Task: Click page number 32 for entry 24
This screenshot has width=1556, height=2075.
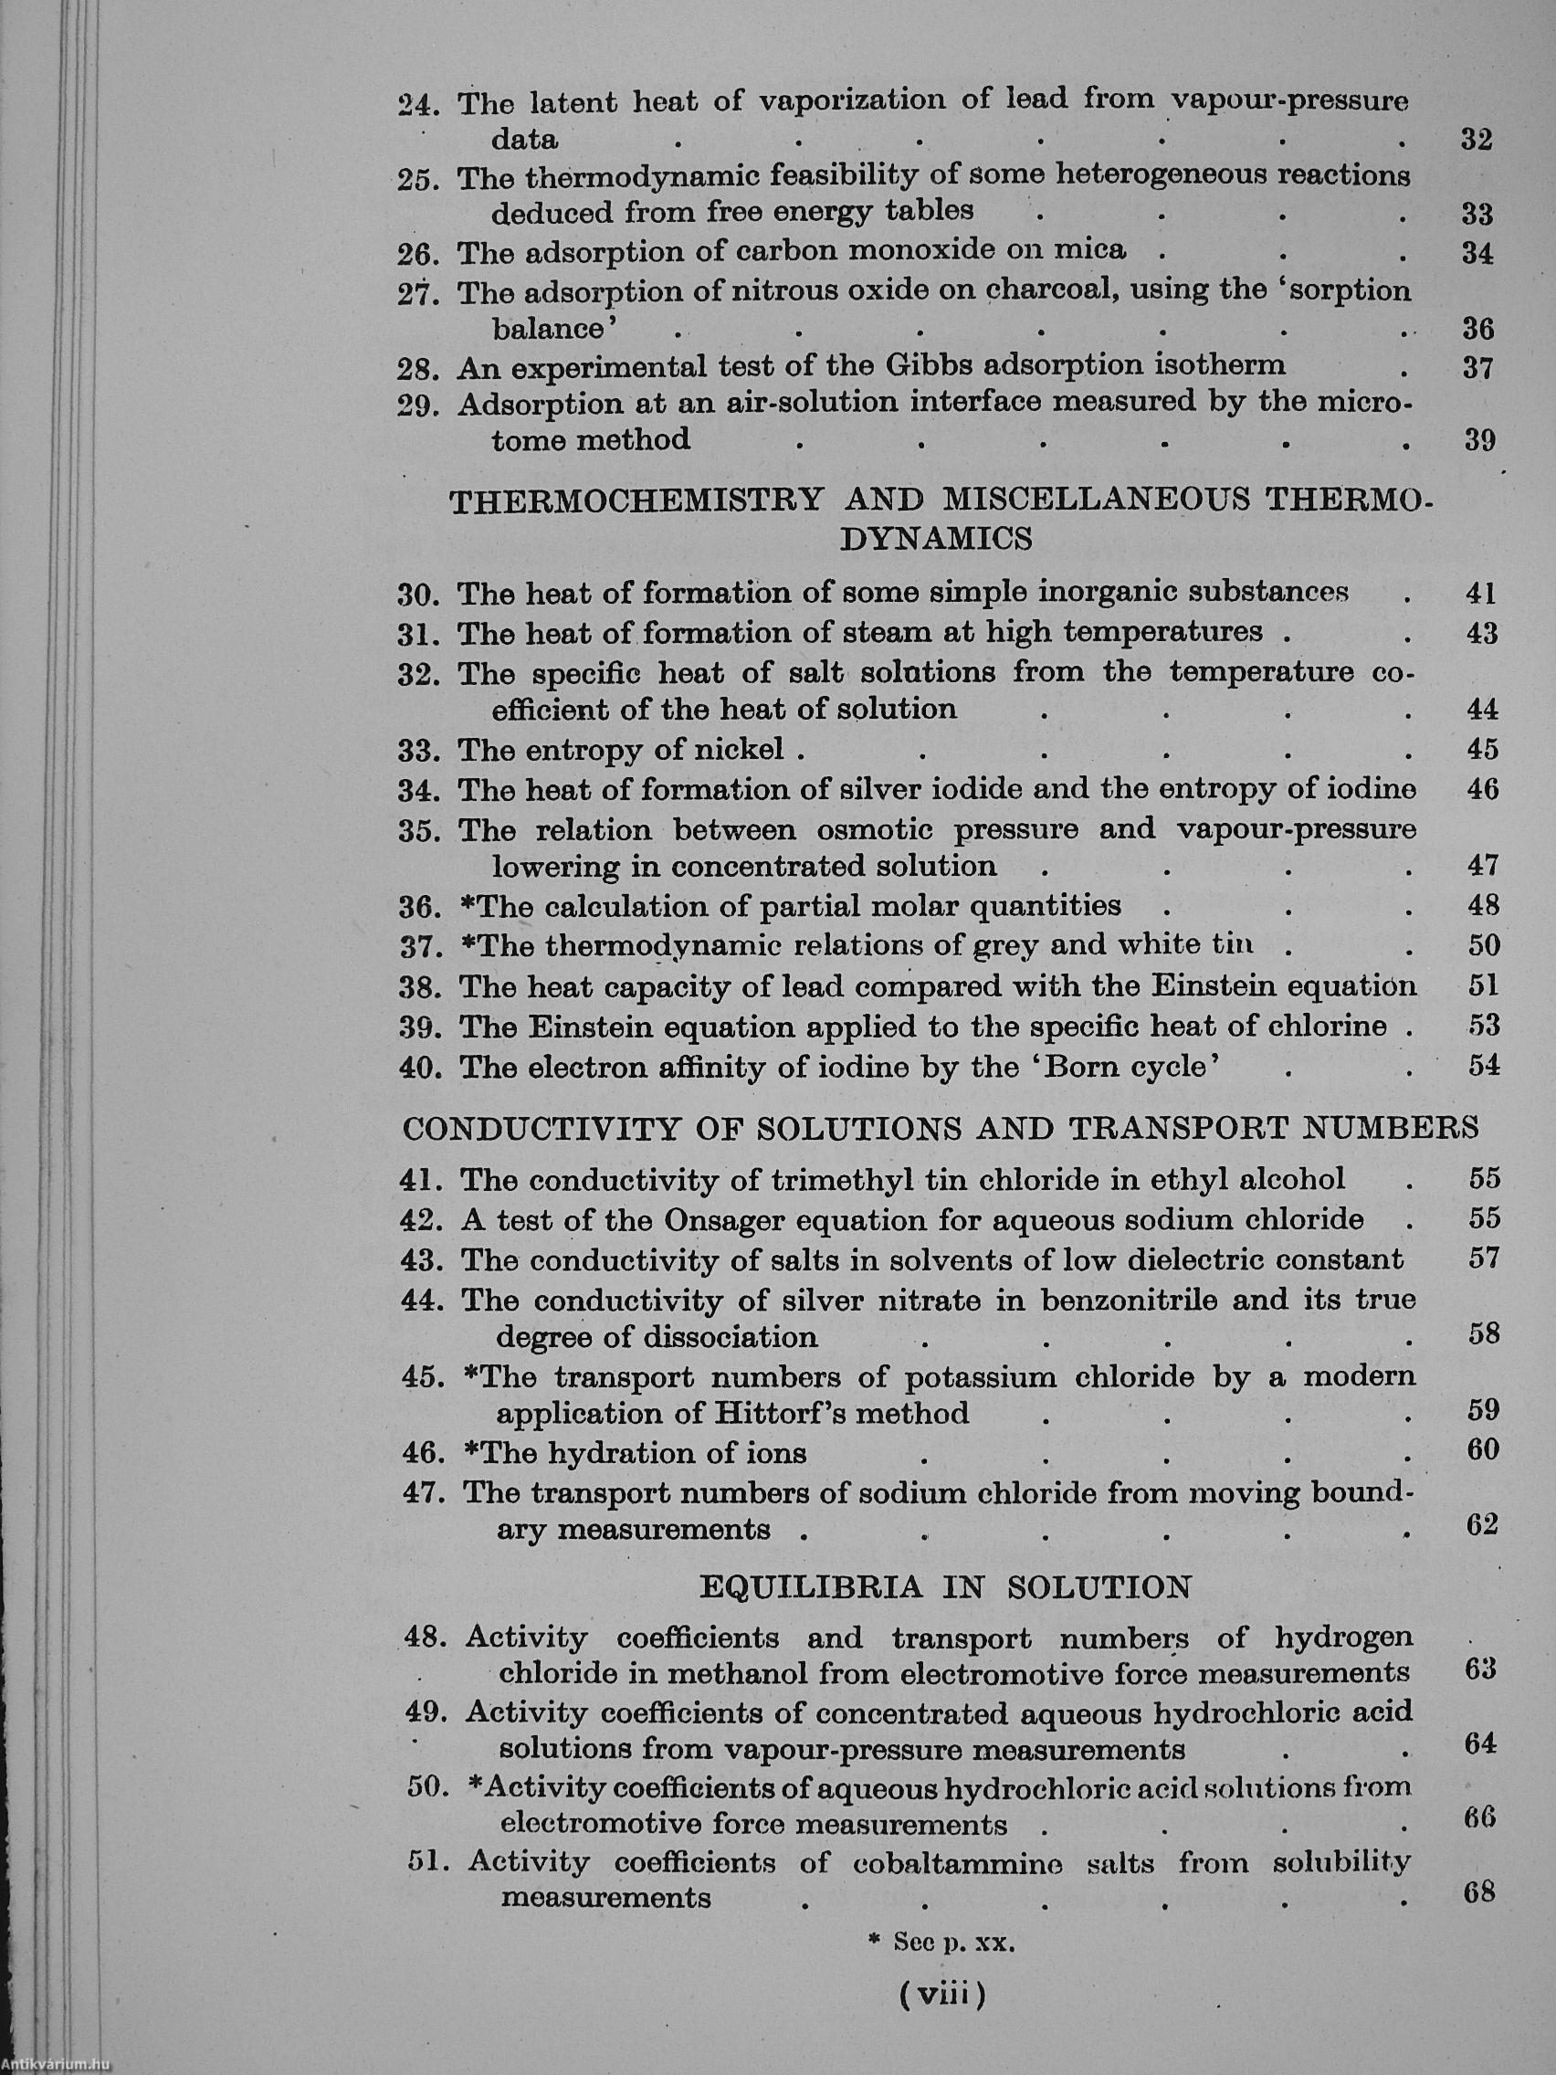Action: click(x=1477, y=140)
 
